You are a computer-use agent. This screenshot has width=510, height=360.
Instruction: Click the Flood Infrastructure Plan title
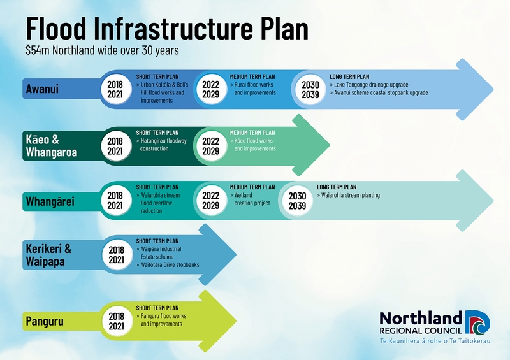167,28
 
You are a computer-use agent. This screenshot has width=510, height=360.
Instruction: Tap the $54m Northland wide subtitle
102,50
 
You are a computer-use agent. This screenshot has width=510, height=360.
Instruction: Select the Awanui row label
42,89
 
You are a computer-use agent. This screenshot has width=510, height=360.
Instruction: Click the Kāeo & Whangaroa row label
52,146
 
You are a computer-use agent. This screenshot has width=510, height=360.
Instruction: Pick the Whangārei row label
50,201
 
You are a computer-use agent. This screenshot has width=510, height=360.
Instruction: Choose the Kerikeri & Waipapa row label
48,255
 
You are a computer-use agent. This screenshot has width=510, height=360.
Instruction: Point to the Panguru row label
45,321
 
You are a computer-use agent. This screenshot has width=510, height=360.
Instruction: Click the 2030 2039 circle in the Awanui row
310,90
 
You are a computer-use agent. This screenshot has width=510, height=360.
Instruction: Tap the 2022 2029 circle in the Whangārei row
211,200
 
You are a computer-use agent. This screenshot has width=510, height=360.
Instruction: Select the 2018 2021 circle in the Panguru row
117,321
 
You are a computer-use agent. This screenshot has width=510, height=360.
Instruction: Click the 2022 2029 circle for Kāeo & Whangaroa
211,146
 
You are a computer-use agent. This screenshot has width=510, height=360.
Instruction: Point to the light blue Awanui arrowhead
474,89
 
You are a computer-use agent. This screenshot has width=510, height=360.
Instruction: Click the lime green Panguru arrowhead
217,321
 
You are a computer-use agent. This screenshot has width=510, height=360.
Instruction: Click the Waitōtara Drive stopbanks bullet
168,264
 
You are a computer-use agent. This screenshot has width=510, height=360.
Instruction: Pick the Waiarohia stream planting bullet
348,195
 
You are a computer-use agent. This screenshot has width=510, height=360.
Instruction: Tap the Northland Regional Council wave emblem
477,322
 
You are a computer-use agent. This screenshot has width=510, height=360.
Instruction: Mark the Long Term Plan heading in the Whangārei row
337,187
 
